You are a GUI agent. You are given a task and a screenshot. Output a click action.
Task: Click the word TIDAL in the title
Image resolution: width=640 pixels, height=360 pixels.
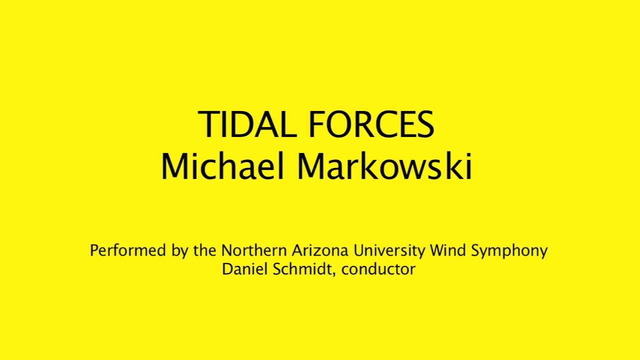click(x=248, y=125)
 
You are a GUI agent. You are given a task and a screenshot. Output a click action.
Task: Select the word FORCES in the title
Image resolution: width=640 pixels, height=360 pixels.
click(x=370, y=125)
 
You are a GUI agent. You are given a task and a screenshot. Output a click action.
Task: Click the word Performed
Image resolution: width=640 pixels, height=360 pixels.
click(x=128, y=250)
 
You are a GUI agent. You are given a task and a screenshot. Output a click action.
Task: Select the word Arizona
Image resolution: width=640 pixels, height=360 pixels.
click(x=316, y=250)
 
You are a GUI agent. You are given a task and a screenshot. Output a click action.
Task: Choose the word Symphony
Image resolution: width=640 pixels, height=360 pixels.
click(x=509, y=251)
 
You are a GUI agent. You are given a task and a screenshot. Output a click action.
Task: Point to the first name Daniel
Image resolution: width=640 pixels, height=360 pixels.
click(x=245, y=269)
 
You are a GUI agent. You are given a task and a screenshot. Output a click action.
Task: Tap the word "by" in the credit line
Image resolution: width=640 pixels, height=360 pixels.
click(x=178, y=251)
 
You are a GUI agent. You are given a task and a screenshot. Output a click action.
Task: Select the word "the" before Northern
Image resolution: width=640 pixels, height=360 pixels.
click(x=205, y=250)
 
